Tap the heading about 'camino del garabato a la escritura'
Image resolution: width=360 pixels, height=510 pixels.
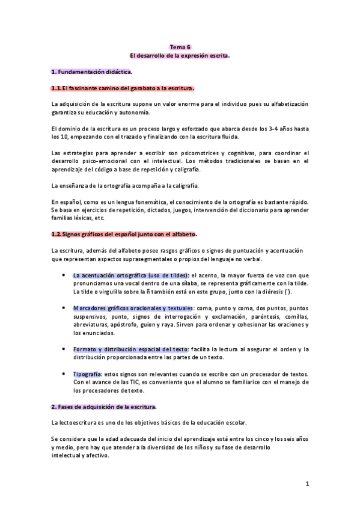tap(123, 88)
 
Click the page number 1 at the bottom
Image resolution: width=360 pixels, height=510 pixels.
tap(307, 483)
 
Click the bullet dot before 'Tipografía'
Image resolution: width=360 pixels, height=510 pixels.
tap(64, 373)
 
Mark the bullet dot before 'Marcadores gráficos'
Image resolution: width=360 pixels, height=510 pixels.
tap(64, 308)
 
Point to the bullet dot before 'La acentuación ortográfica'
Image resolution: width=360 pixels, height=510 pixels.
tap(64, 275)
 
